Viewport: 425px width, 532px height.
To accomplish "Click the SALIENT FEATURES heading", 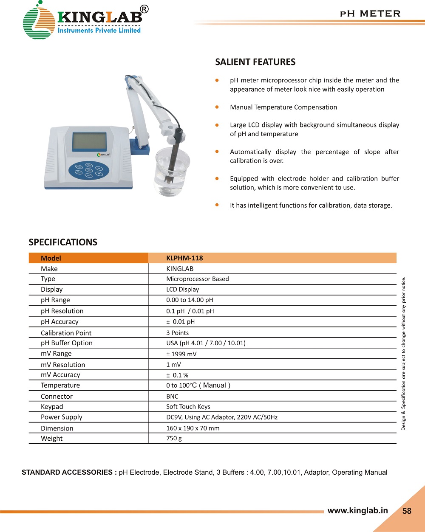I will click(x=255, y=62).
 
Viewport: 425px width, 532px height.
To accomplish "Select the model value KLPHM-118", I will click(x=184, y=258).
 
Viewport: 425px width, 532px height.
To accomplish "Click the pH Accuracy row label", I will click(x=59, y=322).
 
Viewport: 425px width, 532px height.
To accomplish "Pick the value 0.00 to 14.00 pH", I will click(x=190, y=300).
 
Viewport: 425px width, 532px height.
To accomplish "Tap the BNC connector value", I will click(x=172, y=397).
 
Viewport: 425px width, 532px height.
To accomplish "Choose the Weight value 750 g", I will click(x=174, y=438).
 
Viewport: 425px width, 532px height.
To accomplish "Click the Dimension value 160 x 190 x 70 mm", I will click(x=193, y=428).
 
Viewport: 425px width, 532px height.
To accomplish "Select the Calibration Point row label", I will click(x=66, y=333).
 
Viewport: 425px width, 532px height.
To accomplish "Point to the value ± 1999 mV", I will click(x=181, y=354).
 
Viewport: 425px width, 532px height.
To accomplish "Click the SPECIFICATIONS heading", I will click(x=63, y=242).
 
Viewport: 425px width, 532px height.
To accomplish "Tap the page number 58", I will click(x=407, y=511).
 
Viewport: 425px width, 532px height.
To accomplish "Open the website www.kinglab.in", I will click(x=357, y=511).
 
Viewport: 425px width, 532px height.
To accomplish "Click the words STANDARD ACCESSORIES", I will click(x=69, y=473).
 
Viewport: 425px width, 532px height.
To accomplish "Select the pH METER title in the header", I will click(x=370, y=14).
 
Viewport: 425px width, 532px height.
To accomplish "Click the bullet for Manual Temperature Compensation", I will click(x=217, y=107).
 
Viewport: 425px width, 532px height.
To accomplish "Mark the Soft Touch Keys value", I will click(x=188, y=407).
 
